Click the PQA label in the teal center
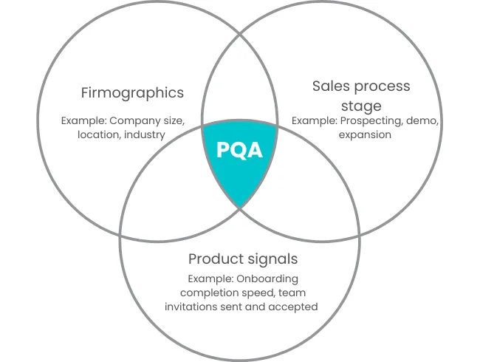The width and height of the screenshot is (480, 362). point(239,150)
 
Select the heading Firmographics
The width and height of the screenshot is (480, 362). point(132,93)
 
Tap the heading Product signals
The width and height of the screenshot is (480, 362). point(243,259)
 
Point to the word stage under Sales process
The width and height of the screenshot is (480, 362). point(361,106)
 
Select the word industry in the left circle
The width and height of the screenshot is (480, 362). point(145,135)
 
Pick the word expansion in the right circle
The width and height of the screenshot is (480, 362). point(365,135)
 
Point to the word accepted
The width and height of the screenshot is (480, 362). point(295,307)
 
